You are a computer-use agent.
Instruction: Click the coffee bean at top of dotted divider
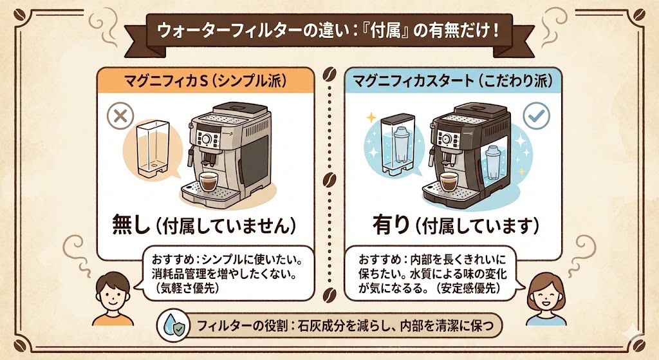click(329, 71)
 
